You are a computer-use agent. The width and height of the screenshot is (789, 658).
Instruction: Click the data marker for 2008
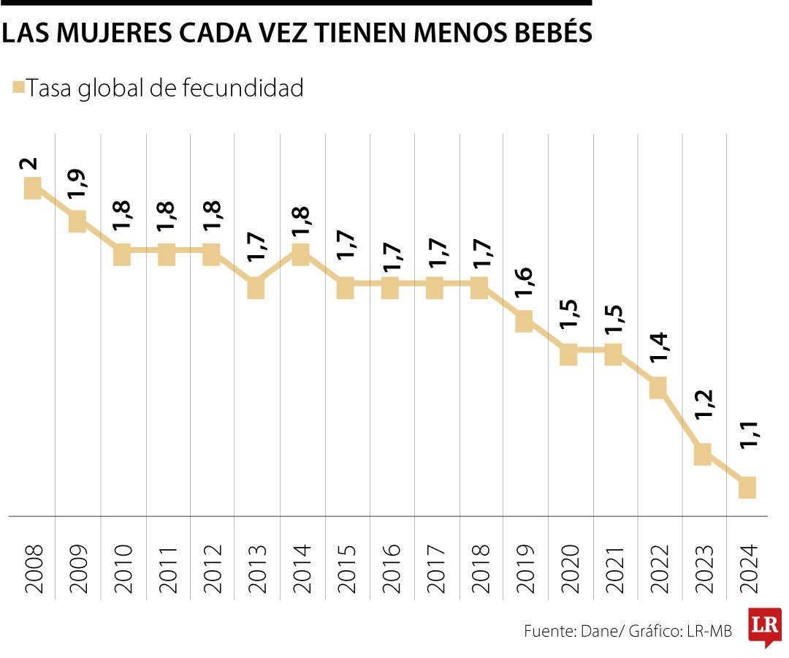(32, 189)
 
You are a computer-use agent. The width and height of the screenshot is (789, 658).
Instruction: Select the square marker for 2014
(300, 254)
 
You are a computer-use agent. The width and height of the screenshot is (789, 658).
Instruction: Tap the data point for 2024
(747, 488)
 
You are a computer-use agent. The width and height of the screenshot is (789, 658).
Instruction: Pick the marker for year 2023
(702, 454)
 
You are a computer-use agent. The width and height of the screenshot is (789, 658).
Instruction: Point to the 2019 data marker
(524, 321)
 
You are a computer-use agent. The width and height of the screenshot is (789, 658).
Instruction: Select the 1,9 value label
(76, 186)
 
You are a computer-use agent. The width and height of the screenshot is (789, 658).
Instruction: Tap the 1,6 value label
(523, 287)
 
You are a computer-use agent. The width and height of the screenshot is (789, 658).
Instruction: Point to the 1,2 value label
(702, 419)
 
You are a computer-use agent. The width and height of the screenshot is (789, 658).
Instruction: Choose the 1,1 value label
(747, 453)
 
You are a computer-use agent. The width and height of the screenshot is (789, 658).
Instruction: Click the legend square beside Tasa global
(19, 88)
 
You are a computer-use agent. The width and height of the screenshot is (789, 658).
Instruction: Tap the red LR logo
(764, 625)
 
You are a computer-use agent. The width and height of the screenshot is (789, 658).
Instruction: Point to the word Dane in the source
(599, 631)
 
